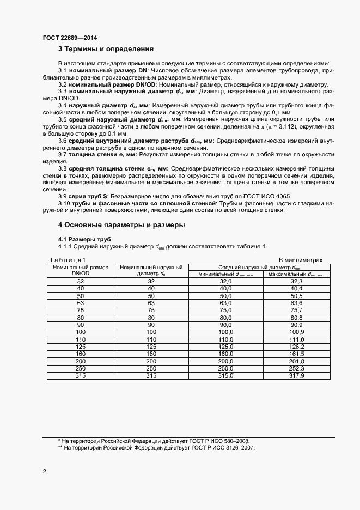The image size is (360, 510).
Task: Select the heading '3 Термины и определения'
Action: (105, 49)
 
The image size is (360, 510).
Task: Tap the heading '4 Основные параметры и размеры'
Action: (121, 224)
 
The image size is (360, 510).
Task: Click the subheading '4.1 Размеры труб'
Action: (84, 239)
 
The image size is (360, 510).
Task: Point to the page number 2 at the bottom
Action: (44, 471)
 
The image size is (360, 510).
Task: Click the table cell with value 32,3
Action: (296, 281)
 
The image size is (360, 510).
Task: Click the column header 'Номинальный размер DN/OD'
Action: (81, 270)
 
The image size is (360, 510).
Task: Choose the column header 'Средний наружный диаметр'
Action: (259, 267)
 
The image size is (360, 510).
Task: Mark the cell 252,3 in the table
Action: (296, 369)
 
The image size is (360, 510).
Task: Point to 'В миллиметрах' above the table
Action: (301, 260)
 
